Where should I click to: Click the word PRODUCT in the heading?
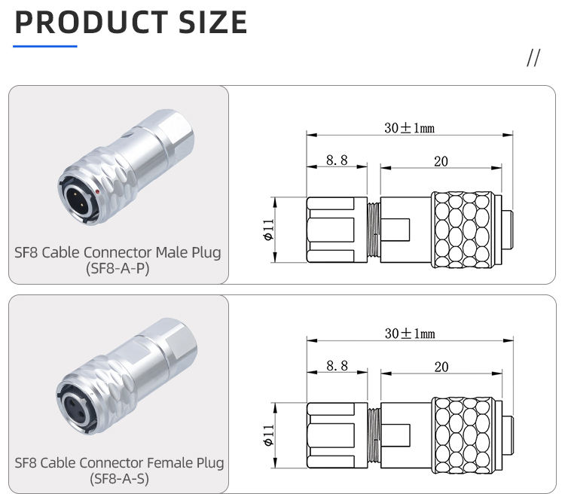[x=91, y=23]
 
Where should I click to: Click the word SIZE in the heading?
[x=212, y=23]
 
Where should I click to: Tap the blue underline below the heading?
[x=45, y=46]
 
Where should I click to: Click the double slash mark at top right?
[x=533, y=58]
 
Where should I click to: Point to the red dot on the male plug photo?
[x=98, y=191]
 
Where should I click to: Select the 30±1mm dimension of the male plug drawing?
[x=409, y=128]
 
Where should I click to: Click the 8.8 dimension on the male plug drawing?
[x=337, y=160]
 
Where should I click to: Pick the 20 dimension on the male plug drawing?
[x=441, y=161]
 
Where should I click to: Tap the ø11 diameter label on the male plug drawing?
[x=268, y=230]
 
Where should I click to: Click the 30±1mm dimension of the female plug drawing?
[x=410, y=334]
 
